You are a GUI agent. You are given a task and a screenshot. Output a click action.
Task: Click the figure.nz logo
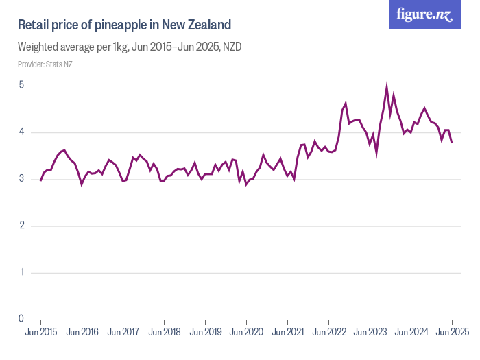click(x=424, y=14)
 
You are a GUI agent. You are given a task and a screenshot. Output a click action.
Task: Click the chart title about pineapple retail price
click(x=124, y=25)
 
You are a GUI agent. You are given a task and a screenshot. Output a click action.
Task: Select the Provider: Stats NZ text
click(x=45, y=64)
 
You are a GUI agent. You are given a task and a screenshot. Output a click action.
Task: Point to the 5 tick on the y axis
click(x=22, y=86)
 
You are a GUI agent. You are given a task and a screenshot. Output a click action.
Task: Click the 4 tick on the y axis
click(x=22, y=132)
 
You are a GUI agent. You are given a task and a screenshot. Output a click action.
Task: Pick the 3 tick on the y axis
click(x=22, y=179)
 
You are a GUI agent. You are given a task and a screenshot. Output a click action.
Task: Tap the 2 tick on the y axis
click(x=22, y=226)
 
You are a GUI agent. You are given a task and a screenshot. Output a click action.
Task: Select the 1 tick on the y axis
click(x=22, y=272)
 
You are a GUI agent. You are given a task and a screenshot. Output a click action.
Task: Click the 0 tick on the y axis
click(x=22, y=319)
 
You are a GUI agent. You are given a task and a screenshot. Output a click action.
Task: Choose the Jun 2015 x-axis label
click(x=40, y=333)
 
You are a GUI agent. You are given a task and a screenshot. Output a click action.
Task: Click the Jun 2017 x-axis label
click(x=123, y=333)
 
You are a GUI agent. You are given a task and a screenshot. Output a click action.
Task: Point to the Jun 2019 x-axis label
click(x=205, y=333)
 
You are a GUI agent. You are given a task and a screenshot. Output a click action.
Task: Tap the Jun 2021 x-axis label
click(x=287, y=333)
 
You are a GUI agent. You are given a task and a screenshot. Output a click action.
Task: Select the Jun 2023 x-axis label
click(x=370, y=333)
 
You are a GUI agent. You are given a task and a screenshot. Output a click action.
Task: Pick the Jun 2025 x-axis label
click(x=451, y=333)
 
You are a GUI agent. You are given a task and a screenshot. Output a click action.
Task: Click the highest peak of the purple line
click(x=387, y=86)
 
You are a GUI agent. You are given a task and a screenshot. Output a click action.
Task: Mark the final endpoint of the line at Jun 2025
click(x=452, y=142)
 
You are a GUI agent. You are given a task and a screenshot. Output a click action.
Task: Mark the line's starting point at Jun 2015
click(x=40, y=180)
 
